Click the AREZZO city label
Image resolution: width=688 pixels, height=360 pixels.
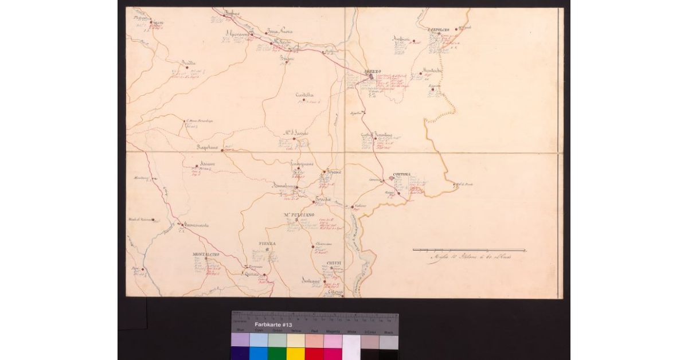373,71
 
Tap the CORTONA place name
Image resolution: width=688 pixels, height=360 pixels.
403,174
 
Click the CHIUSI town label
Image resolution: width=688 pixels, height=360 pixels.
334,263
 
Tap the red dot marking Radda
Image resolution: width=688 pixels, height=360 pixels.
187,68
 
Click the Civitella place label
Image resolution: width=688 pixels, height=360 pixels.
304,95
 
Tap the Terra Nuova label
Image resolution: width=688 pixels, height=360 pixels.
280,31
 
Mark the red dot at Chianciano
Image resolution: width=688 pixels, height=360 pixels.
312,247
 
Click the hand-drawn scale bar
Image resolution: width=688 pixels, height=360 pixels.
469,250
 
